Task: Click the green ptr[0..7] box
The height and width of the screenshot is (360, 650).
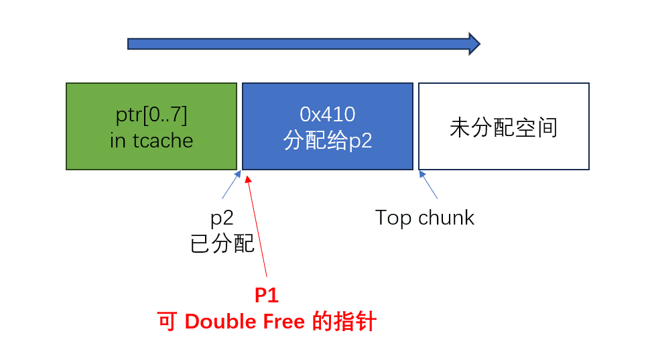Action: click(x=151, y=127)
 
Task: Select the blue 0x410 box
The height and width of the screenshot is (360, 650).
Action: click(x=328, y=127)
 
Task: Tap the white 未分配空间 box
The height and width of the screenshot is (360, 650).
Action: click(x=504, y=127)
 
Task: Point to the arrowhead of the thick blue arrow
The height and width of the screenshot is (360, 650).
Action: click(x=480, y=44)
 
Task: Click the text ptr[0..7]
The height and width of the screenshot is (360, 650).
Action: click(x=151, y=115)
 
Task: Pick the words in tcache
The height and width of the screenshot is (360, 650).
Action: click(x=151, y=141)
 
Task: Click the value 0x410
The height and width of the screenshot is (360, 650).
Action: click(x=328, y=114)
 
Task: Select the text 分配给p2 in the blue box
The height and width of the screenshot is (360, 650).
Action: click(x=328, y=141)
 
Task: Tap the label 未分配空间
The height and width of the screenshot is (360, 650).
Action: click(x=504, y=127)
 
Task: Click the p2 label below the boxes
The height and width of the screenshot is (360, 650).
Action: click(x=222, y=218)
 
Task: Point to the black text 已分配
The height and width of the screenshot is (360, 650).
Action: click(x=222, y=243)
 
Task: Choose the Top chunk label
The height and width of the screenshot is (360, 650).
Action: click(x=424, y=218)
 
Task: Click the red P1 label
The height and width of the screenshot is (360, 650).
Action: click(x=267, y=295)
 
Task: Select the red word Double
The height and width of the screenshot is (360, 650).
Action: click(x=220, y=321)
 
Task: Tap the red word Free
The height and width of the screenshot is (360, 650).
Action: click(x=284, y=321)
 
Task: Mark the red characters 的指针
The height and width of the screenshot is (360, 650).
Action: click(x=344, y=321)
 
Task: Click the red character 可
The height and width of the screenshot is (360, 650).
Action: click(x=167, y=321)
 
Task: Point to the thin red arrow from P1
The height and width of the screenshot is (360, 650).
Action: click(x=257, y=226)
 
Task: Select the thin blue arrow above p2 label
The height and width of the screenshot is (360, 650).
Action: click(x=231, y=185)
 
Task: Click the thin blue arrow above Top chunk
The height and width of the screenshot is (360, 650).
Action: click(x=428, y=185)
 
